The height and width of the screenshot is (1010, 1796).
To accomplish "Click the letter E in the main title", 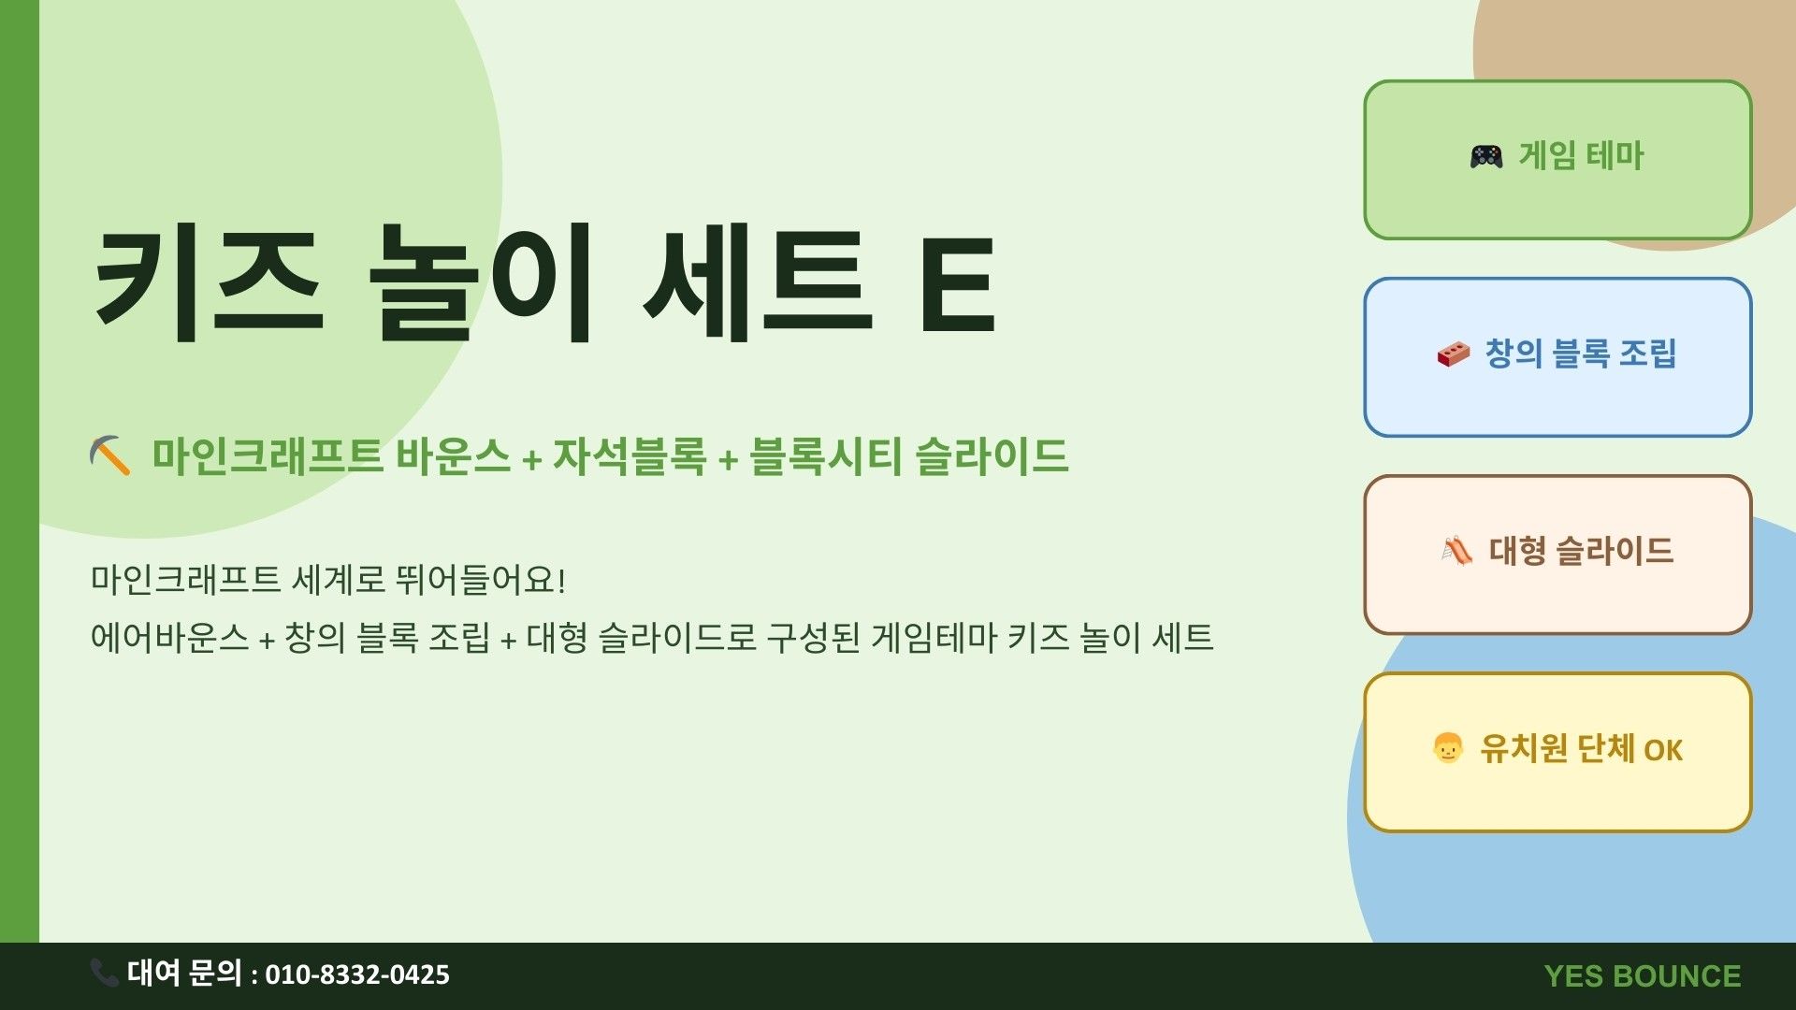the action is pyautogui.click(x=957, y=284).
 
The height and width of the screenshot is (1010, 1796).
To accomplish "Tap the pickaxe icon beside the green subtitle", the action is pyautogui.click(x=109, y=455).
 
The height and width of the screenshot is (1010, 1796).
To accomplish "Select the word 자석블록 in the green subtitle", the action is pyautogui.click(x=629, y=456).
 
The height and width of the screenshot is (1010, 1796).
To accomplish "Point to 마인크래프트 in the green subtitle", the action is pyautogui.click(x=268, y=456).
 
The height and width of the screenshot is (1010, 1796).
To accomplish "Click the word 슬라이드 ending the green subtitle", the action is pyautogui.click(x=992, y=456).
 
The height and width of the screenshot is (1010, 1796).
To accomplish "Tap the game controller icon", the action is pyautogui.click(x=1486, y=156).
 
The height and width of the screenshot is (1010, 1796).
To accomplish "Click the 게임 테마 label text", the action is pyautogui.click(x=1581, y=156).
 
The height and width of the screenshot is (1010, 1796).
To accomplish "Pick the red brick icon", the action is pyautogui.click(x=1454, y=354).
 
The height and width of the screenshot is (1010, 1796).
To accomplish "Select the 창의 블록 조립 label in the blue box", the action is pyautogui.click(x=1581, y=353).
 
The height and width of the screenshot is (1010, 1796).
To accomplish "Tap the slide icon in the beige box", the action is pyautogui.click(x=1456, y=551).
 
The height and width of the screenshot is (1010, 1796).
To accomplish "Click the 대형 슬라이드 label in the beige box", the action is pyautogui.click(x=1581, y=551).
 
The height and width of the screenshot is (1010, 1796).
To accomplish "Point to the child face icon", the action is pyautogui.click(x=1447, y=748).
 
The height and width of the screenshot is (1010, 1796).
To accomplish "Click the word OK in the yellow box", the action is pyautogui.click(x=1663, y=750).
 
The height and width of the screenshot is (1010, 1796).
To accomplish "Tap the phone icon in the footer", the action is pyautogui.click(x=104, y=973).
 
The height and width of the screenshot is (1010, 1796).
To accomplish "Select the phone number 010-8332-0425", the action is pyautogui.click(x=357, y=975).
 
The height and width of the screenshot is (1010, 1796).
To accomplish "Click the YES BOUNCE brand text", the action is pyautogui.click(x=1643, y=976).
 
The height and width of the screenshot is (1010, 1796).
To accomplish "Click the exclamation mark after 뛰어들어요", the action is pyautogui.click(x=560, y=580).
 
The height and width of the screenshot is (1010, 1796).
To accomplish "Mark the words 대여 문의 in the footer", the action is pyautogui.click(x=184, y=973).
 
